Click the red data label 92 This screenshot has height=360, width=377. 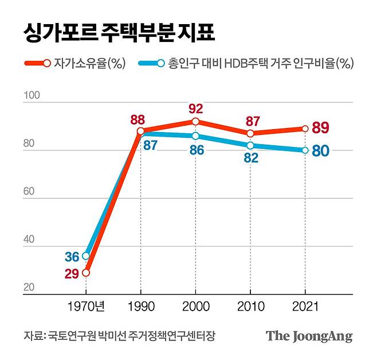(x=195, y=109)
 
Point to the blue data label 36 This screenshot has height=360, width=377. (x=72, y=257)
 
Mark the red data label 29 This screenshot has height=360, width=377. (x=72, y=274)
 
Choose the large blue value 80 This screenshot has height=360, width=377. (x=320, y=152)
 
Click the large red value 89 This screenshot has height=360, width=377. (x=320, y=128)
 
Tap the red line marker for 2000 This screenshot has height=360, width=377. (x=195, y=122)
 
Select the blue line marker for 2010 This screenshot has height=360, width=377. (x=250, y=145)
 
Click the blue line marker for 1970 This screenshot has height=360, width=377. (x=86, y=256)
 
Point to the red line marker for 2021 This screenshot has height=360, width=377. (x=305, y=129)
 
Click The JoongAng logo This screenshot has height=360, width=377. (x=308, y=336)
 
